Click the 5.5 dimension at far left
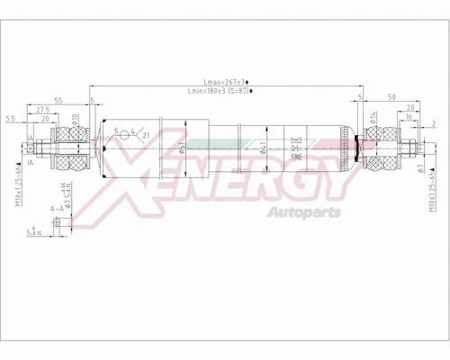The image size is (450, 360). (10, 118)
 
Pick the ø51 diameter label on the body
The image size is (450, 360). (156, 148)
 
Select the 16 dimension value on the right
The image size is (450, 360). (408, 117)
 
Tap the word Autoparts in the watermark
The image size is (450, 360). (307, 212)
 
